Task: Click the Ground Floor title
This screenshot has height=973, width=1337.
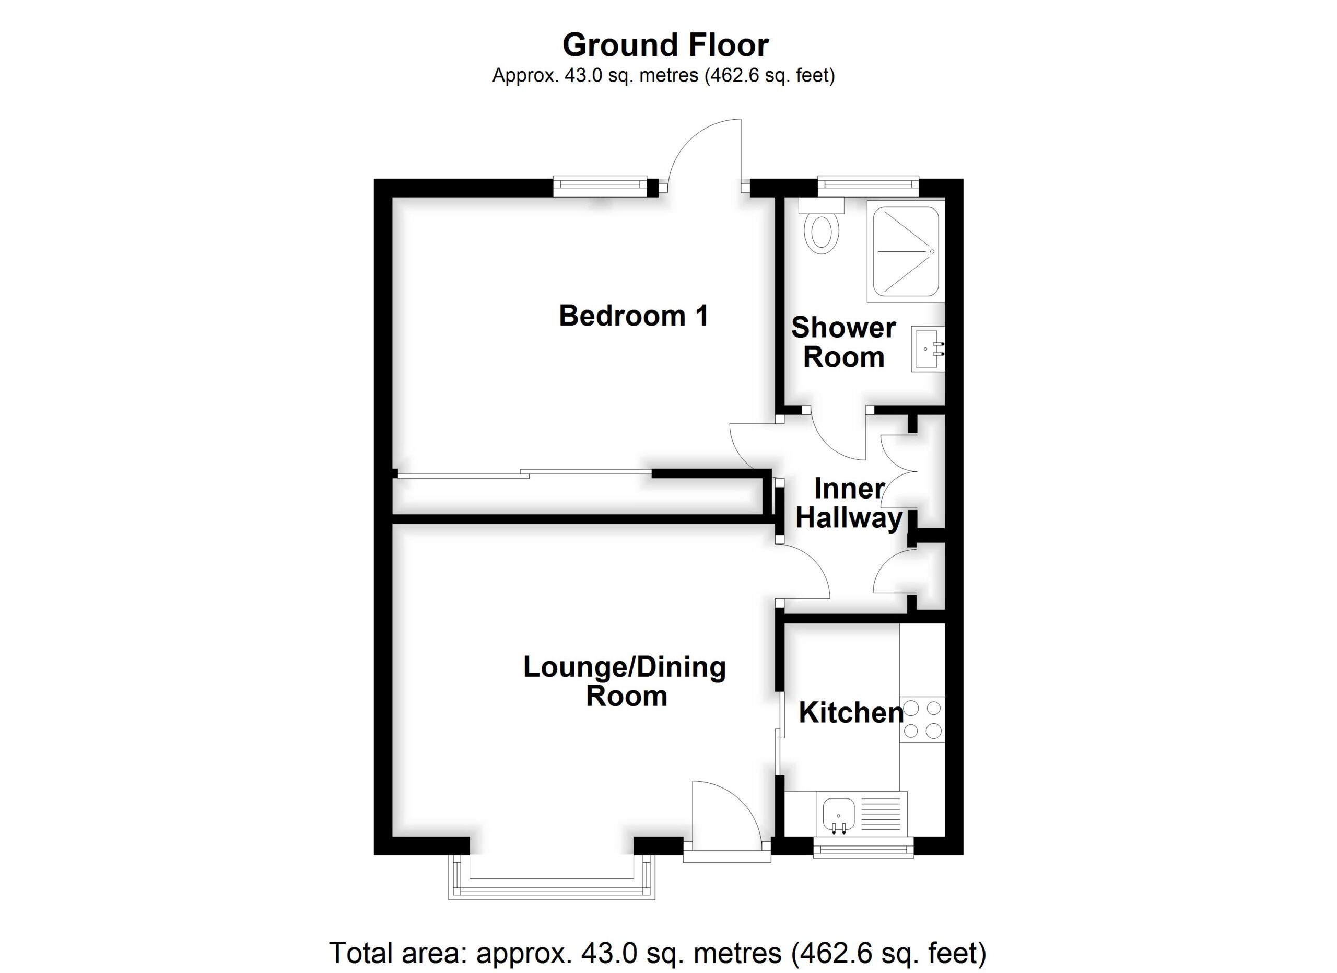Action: (x=665, y=45)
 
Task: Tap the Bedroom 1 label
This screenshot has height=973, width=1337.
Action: (x=633, y=316)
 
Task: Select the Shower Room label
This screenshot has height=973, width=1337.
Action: (x=843, y=342)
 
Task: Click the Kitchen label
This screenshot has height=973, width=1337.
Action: (x=851, y=712)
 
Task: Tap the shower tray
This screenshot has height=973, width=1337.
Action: (x=906, y=252)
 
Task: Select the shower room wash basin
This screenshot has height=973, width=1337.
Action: (x=928, y=349)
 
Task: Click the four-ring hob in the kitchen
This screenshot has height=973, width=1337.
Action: (x=922, y=720)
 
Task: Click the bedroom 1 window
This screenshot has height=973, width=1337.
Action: (x=600, y=187)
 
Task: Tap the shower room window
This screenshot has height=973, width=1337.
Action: (x=869, y=187)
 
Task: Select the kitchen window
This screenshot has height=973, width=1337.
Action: (x=863, y=848)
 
